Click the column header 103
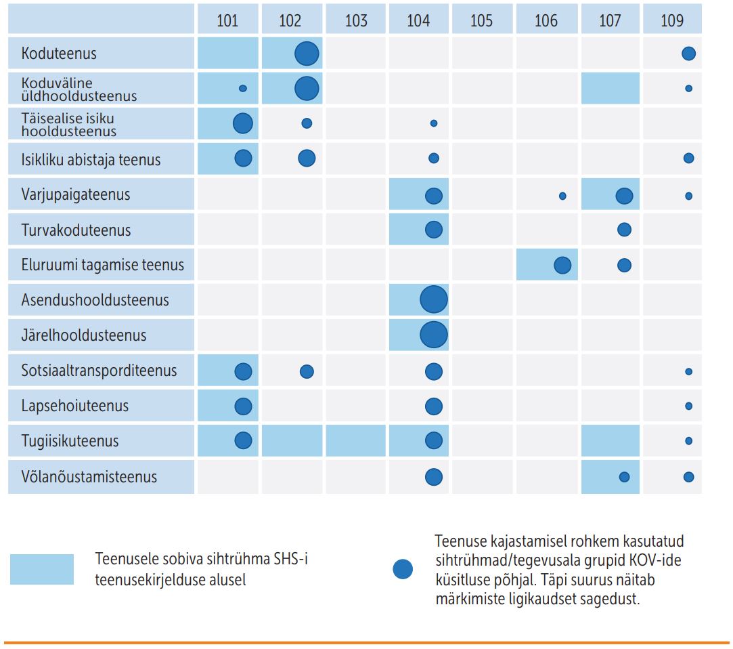[356, 20]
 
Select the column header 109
[672, 20]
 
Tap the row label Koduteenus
[59, 53]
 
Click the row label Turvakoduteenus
[76, 230]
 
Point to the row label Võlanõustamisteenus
[89, 477]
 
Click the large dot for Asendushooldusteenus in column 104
[434, 299]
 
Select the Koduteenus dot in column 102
[307, 53]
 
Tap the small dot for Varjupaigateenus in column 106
[562, 196]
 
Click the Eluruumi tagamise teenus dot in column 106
[562, 265]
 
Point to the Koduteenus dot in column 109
[688, 54]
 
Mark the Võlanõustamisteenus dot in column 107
[624, 477]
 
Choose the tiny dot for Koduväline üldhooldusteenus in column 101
[243, 88]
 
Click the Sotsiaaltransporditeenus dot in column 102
[307, 371]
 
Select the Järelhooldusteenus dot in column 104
[434, 335]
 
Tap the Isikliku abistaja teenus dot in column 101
[243, 159]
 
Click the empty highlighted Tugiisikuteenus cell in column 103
[356, 441]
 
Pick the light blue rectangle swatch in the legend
[42, 569]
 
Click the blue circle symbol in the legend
[403, 570]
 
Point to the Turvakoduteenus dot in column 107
[624, 230]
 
